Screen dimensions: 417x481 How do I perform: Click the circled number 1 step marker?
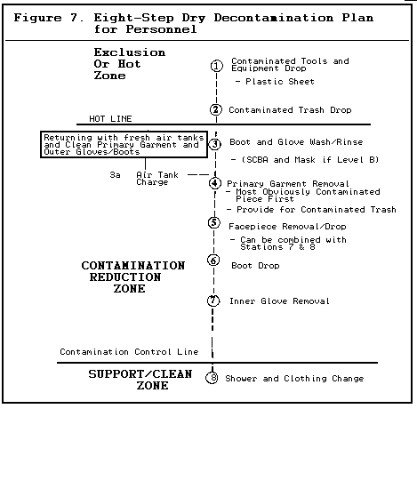pos(217,66)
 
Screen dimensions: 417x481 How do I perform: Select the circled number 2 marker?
pos(216,109)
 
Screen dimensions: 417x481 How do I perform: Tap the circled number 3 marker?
pos(215,143)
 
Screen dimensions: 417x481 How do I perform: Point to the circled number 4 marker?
pos(215,183)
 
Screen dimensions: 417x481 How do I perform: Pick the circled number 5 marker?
pos(214,222)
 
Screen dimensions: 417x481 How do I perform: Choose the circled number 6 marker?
pos(213,261)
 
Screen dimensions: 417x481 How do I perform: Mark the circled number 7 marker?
pos(213,301)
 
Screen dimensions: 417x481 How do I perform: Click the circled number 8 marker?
pos(212,378)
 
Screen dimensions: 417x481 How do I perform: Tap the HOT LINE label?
pos(110,119)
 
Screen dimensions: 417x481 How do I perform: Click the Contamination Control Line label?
pos(129,351)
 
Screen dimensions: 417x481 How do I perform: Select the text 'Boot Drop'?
pos(255,266)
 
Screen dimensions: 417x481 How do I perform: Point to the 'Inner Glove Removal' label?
pos(279,301)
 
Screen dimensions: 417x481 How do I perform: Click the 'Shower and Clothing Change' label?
pos(294,379)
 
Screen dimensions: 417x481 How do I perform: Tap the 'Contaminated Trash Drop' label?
pos(290,110)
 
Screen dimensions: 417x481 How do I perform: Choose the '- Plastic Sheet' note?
pos(275,82)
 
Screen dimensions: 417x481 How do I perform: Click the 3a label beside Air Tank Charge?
pos(115,175)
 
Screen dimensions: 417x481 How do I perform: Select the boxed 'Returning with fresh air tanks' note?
pos(124,145)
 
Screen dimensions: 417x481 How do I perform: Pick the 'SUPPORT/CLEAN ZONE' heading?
pos(140,380)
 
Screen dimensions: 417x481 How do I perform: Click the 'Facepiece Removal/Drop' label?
pos(287,227)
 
